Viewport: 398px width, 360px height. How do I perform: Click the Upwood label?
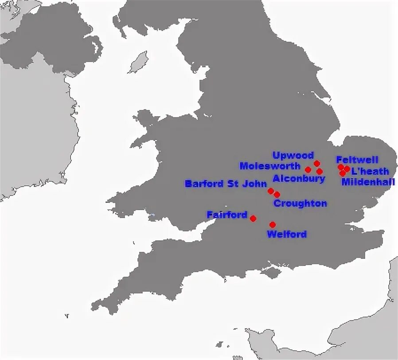[293, 155]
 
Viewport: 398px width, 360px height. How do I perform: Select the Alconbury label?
[299, 178]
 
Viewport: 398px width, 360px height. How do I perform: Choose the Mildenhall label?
[368, 182]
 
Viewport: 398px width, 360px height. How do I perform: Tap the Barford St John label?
[226, 184]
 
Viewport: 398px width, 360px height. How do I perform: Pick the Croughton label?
[300, 203]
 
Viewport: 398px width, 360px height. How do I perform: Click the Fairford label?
[227, 215]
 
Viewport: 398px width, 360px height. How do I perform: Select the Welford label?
[287, 234]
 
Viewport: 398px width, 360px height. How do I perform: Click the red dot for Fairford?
[253, 218]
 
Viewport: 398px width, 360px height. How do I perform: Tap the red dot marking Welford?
[273, 224]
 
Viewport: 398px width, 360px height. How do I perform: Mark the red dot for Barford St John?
[271, 191]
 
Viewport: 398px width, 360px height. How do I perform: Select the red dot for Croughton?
[277, 194]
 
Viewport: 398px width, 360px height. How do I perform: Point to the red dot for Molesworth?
[308, 169]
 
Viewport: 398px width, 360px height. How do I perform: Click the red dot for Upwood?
[317, 164]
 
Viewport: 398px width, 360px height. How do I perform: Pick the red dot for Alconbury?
[320, 171]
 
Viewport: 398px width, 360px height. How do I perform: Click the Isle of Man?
[138, 62]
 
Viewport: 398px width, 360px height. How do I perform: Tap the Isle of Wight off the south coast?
[271, 271]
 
